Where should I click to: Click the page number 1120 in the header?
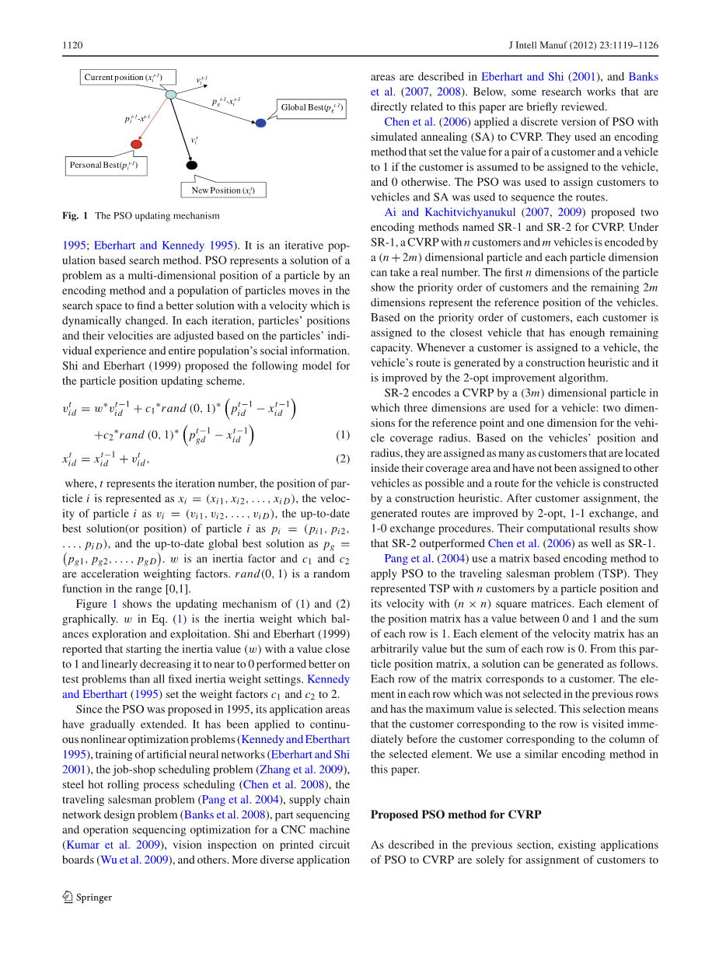coord(72,46)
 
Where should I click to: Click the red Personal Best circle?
coord(137,144)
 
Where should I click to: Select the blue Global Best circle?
coord(260,123)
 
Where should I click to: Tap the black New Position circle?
coord(192,165)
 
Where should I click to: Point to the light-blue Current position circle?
coord(171,94)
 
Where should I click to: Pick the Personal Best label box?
coord(106,165)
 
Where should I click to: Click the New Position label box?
coord(223,190)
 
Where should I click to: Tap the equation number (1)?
coord(343,435)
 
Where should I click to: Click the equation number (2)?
coord(343,459)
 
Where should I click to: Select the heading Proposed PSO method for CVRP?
coord(455,815)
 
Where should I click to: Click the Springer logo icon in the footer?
coord(68,896)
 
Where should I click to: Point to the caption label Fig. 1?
coord(75,215)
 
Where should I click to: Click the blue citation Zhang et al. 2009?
coord(305,769)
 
